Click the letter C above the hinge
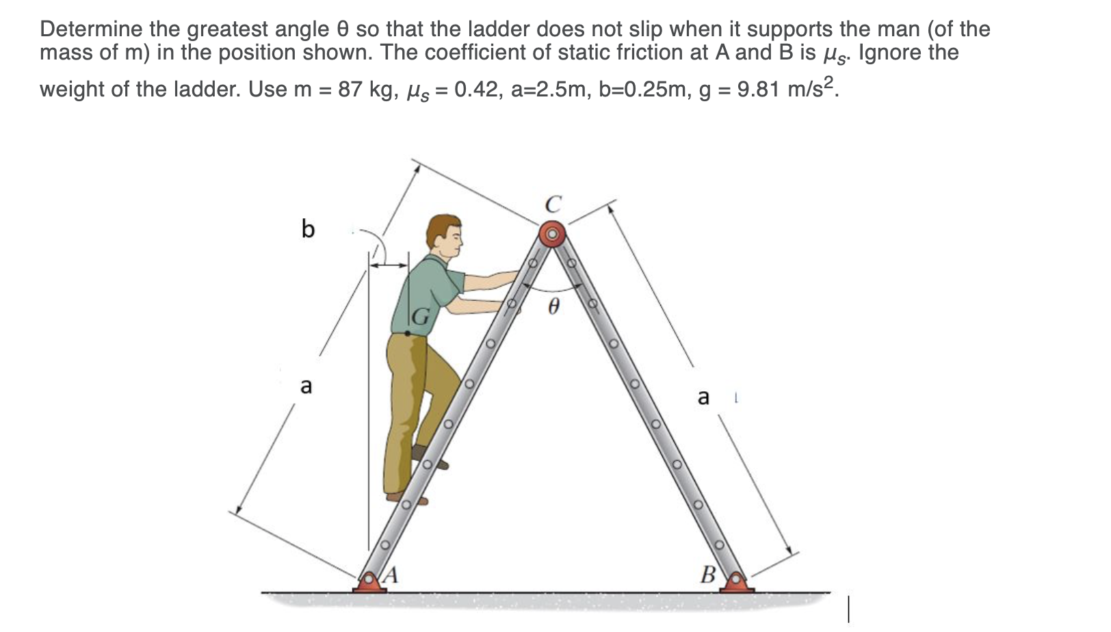coord(553,204)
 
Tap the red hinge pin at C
coord(552,235)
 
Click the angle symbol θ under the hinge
coord(554,305)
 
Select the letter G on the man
coord(421,317)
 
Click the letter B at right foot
coord(708,575)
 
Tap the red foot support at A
coord(369,583)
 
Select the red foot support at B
coord(737,583)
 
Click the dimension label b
coord(308,228)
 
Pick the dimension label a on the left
coord(306,386)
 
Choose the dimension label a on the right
coord(703,397)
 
